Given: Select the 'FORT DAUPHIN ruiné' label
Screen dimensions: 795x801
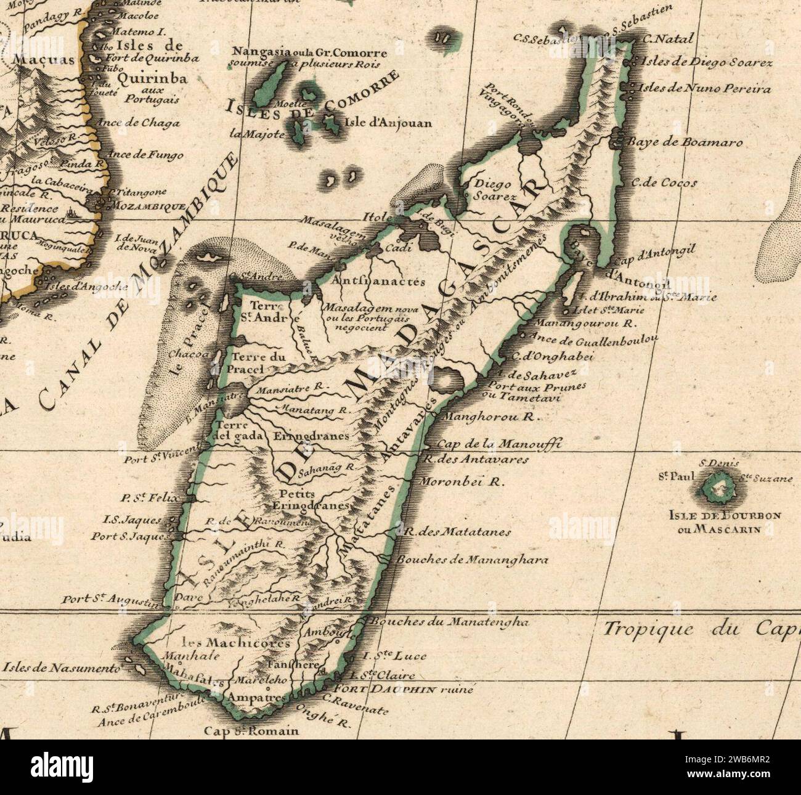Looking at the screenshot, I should [x=403, y=690].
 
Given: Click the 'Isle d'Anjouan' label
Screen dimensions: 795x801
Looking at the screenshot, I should [x=388, y=123].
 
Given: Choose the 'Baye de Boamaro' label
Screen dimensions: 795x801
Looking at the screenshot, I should [x=685, y=142].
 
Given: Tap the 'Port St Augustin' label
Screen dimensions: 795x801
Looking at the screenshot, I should [x=110, y=599].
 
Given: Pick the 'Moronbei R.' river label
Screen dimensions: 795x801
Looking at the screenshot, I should [x=461, y=483].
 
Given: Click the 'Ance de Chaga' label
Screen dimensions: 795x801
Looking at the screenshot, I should [x=144, y=123].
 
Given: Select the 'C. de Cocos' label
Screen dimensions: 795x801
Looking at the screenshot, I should [x=664, y=182].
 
